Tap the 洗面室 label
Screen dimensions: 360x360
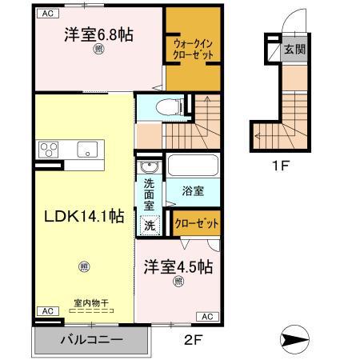point(149,195)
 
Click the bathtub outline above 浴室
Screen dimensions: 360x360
point(193,166)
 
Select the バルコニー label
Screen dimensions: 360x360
point(91,340)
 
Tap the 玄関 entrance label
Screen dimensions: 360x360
point(296,50)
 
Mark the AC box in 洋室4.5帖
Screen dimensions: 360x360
point(205,316)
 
